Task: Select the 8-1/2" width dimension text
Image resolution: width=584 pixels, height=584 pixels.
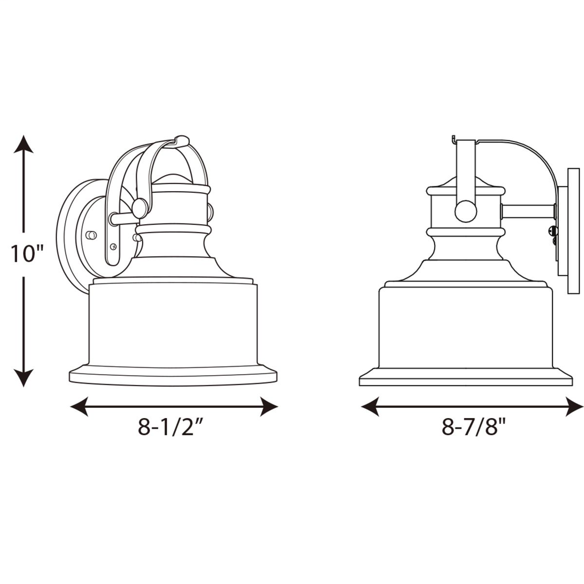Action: (171, 427)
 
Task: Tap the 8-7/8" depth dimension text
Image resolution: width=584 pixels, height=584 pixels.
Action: (474, 427)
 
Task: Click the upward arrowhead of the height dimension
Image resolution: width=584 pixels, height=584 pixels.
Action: (24, 144)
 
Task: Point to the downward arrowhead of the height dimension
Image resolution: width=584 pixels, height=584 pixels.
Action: (24, 378)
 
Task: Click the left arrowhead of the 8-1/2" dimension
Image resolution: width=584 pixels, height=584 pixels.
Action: (79, 406)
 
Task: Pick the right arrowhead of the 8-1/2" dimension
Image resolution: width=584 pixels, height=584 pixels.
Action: (269, 406)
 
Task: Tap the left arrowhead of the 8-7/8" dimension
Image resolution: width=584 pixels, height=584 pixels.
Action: (370, 406)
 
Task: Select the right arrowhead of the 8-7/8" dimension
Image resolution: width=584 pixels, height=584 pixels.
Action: (574, 406)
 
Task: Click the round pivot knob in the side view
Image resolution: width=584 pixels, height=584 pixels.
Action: (465, 212)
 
